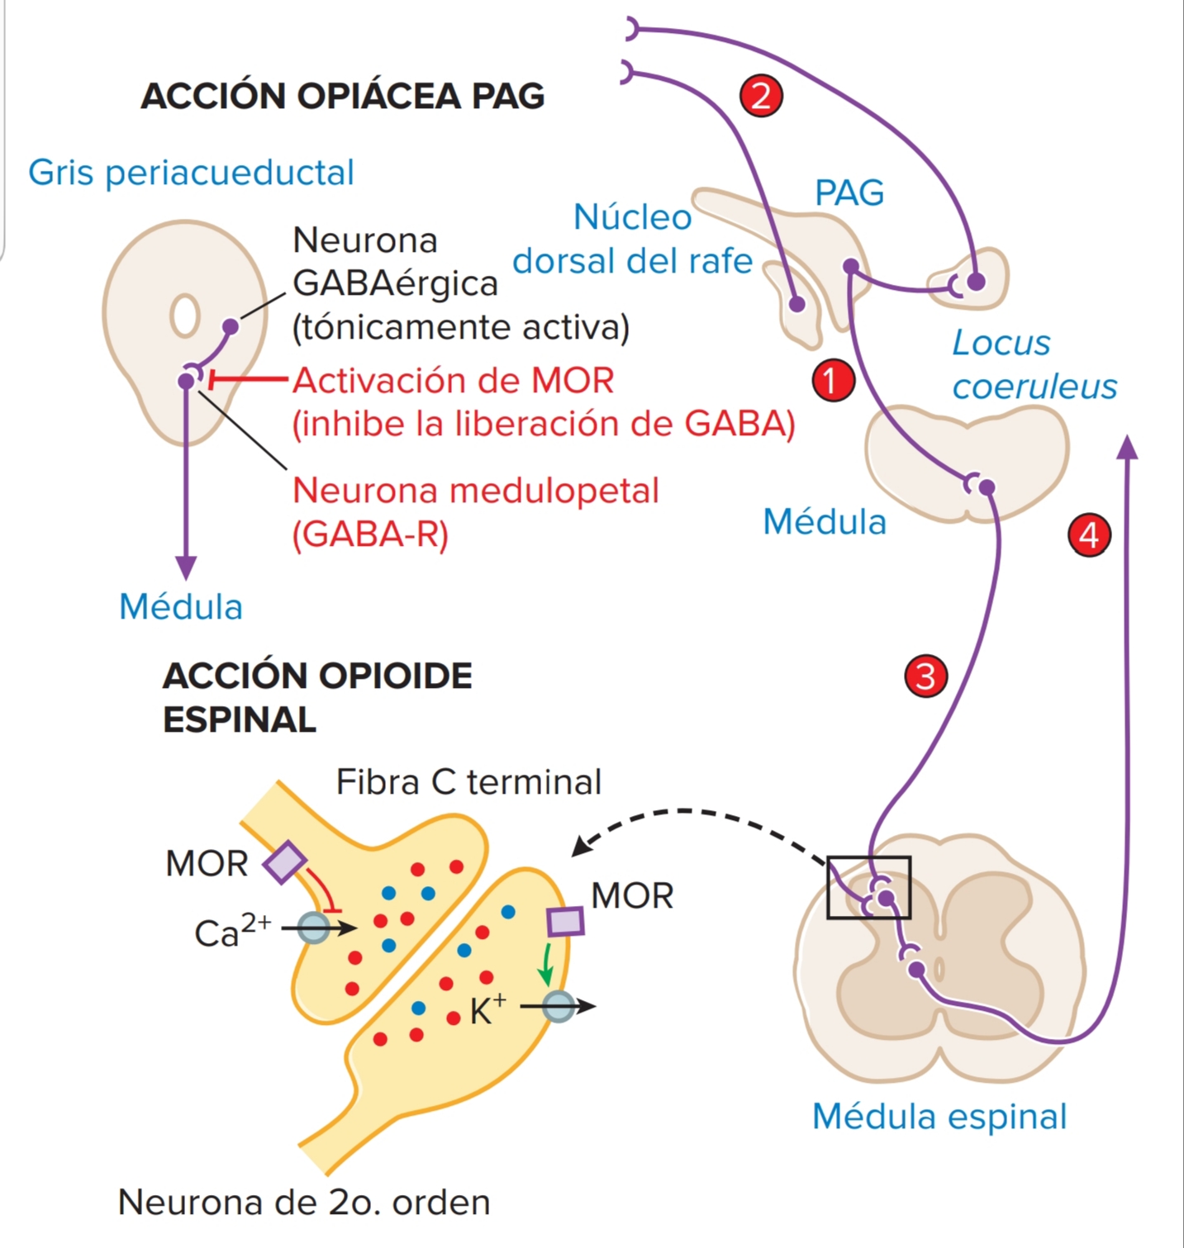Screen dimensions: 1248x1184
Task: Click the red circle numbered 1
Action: point(833,381)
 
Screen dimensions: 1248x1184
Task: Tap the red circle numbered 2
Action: point(761,96)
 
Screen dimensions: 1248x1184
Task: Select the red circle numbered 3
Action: point(925,676)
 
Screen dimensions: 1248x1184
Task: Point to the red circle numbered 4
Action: point(1089,535)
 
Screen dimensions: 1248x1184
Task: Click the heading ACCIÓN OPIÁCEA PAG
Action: point(342,96)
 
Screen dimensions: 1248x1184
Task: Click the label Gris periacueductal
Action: point(191,173)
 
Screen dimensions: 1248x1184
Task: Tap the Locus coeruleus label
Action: point(1033,364)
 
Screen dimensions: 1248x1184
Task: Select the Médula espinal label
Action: point(939,1117)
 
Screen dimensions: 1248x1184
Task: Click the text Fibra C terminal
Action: point(468,781)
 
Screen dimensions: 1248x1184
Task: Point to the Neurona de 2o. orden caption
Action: point(304,1202)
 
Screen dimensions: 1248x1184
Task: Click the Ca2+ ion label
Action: point(231,932)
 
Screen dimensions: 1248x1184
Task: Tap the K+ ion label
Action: point(487,1009)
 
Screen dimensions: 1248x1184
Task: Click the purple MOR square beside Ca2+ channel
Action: point(285,862)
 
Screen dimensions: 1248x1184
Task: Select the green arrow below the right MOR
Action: point(545,965)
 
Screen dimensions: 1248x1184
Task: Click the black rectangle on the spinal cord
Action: point(868,887)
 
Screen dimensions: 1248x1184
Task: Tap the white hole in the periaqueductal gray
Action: point(184,316)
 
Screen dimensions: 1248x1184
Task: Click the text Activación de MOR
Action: point(454,381)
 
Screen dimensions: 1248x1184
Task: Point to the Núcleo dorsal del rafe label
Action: point(632,239)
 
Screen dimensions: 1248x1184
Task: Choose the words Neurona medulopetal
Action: point(476,491)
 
